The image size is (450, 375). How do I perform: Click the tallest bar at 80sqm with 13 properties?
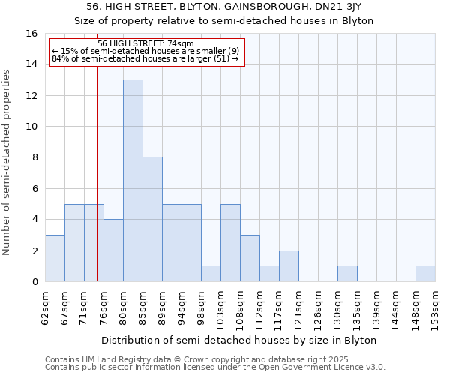pos(133,180)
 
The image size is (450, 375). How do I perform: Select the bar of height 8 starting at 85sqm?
pos(152,219)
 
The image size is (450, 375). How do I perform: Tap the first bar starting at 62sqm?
pos(55,258)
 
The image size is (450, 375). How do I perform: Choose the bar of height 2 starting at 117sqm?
pos(289,266)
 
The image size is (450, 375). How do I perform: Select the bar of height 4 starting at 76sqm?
pos(113,250)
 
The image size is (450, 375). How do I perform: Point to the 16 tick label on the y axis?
pos(31,34)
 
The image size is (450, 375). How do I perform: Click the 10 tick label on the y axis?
pos(31,127)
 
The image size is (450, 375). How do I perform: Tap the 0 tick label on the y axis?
pos(34,282)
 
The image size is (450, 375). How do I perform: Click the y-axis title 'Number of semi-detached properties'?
pos(7,162)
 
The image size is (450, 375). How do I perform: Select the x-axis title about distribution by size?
pos(240,340)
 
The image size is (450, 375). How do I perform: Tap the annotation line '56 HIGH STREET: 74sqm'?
pos(146,44)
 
